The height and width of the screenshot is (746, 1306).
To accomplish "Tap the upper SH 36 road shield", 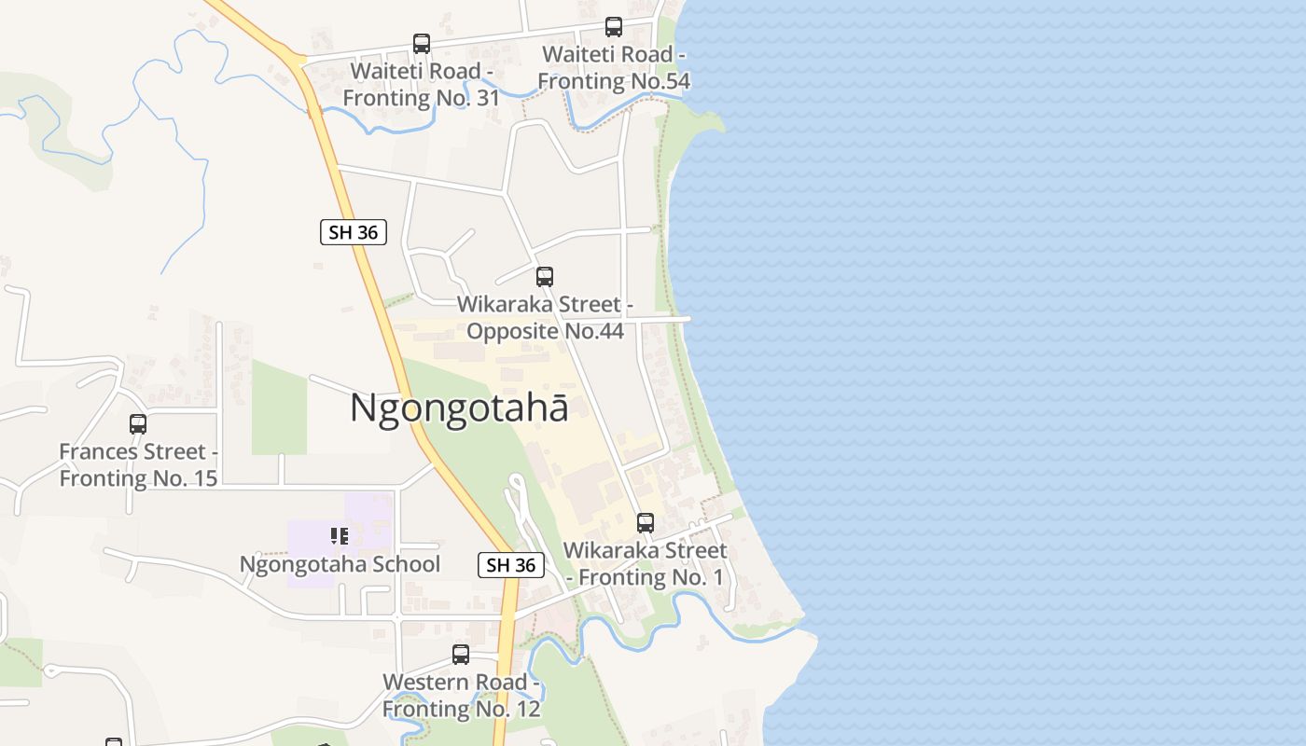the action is point(354,232).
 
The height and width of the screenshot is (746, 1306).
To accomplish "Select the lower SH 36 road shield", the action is point(511,564).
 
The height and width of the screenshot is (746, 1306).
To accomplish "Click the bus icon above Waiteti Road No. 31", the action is point(422,44).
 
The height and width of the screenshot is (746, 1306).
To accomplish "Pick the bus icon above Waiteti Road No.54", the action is point(614,27).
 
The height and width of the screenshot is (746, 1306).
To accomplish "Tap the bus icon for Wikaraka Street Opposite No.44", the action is point(545,277).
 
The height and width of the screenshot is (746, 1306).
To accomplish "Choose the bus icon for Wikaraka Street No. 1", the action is point(646,523).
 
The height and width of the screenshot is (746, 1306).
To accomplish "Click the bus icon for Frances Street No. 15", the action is point(138,424).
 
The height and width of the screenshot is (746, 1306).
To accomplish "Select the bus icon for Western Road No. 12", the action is point(461,655).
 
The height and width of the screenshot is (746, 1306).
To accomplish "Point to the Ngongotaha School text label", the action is point(340,564).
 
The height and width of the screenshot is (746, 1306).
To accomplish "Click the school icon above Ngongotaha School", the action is point(340,535).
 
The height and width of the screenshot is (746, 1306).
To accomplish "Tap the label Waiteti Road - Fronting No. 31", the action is point(422,85).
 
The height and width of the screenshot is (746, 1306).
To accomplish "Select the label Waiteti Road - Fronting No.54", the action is point(614,68).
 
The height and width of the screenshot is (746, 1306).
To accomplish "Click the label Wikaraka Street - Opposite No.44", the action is point(545,317).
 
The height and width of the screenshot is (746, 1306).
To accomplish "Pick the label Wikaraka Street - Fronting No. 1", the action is point(645,564).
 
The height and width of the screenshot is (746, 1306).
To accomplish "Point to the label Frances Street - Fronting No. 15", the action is point(138,464).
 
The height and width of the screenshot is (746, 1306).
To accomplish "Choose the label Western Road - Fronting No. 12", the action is point(461,695).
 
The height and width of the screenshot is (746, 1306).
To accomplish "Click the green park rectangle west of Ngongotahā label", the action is point(279,408).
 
